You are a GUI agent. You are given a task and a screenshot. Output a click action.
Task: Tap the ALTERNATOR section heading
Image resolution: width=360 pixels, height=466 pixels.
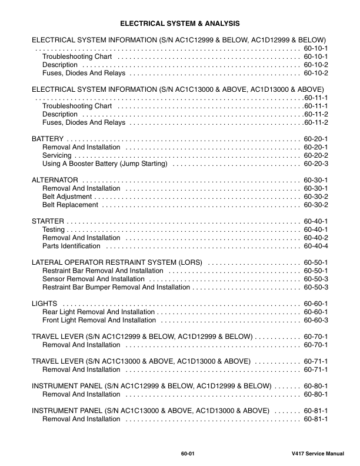tap(55, 179)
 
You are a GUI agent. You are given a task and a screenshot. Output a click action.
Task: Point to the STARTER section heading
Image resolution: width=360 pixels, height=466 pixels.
tap(48, 221)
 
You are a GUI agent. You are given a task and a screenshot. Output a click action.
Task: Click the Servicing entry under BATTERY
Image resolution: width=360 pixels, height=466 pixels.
tap(57, 155)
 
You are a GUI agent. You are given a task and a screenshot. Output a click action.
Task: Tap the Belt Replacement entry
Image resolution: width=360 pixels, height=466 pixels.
tap(70, 204)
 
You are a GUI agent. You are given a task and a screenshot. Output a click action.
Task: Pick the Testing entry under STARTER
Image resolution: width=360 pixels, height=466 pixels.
tap(54, 229)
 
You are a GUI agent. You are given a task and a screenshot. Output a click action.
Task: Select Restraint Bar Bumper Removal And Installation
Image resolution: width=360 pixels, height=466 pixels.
tap(116, 287)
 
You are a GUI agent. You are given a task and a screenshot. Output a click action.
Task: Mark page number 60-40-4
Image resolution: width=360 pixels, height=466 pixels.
tap(316, 245)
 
